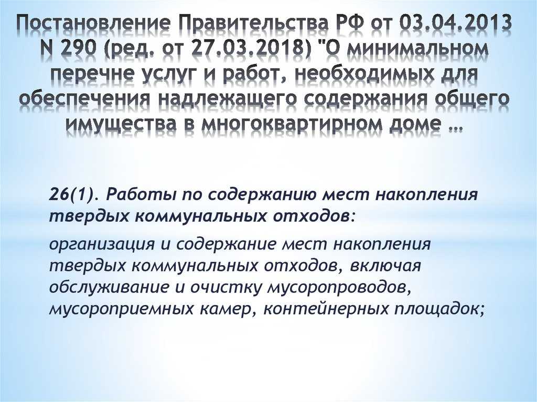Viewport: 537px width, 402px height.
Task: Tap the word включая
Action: click(385, 266)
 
